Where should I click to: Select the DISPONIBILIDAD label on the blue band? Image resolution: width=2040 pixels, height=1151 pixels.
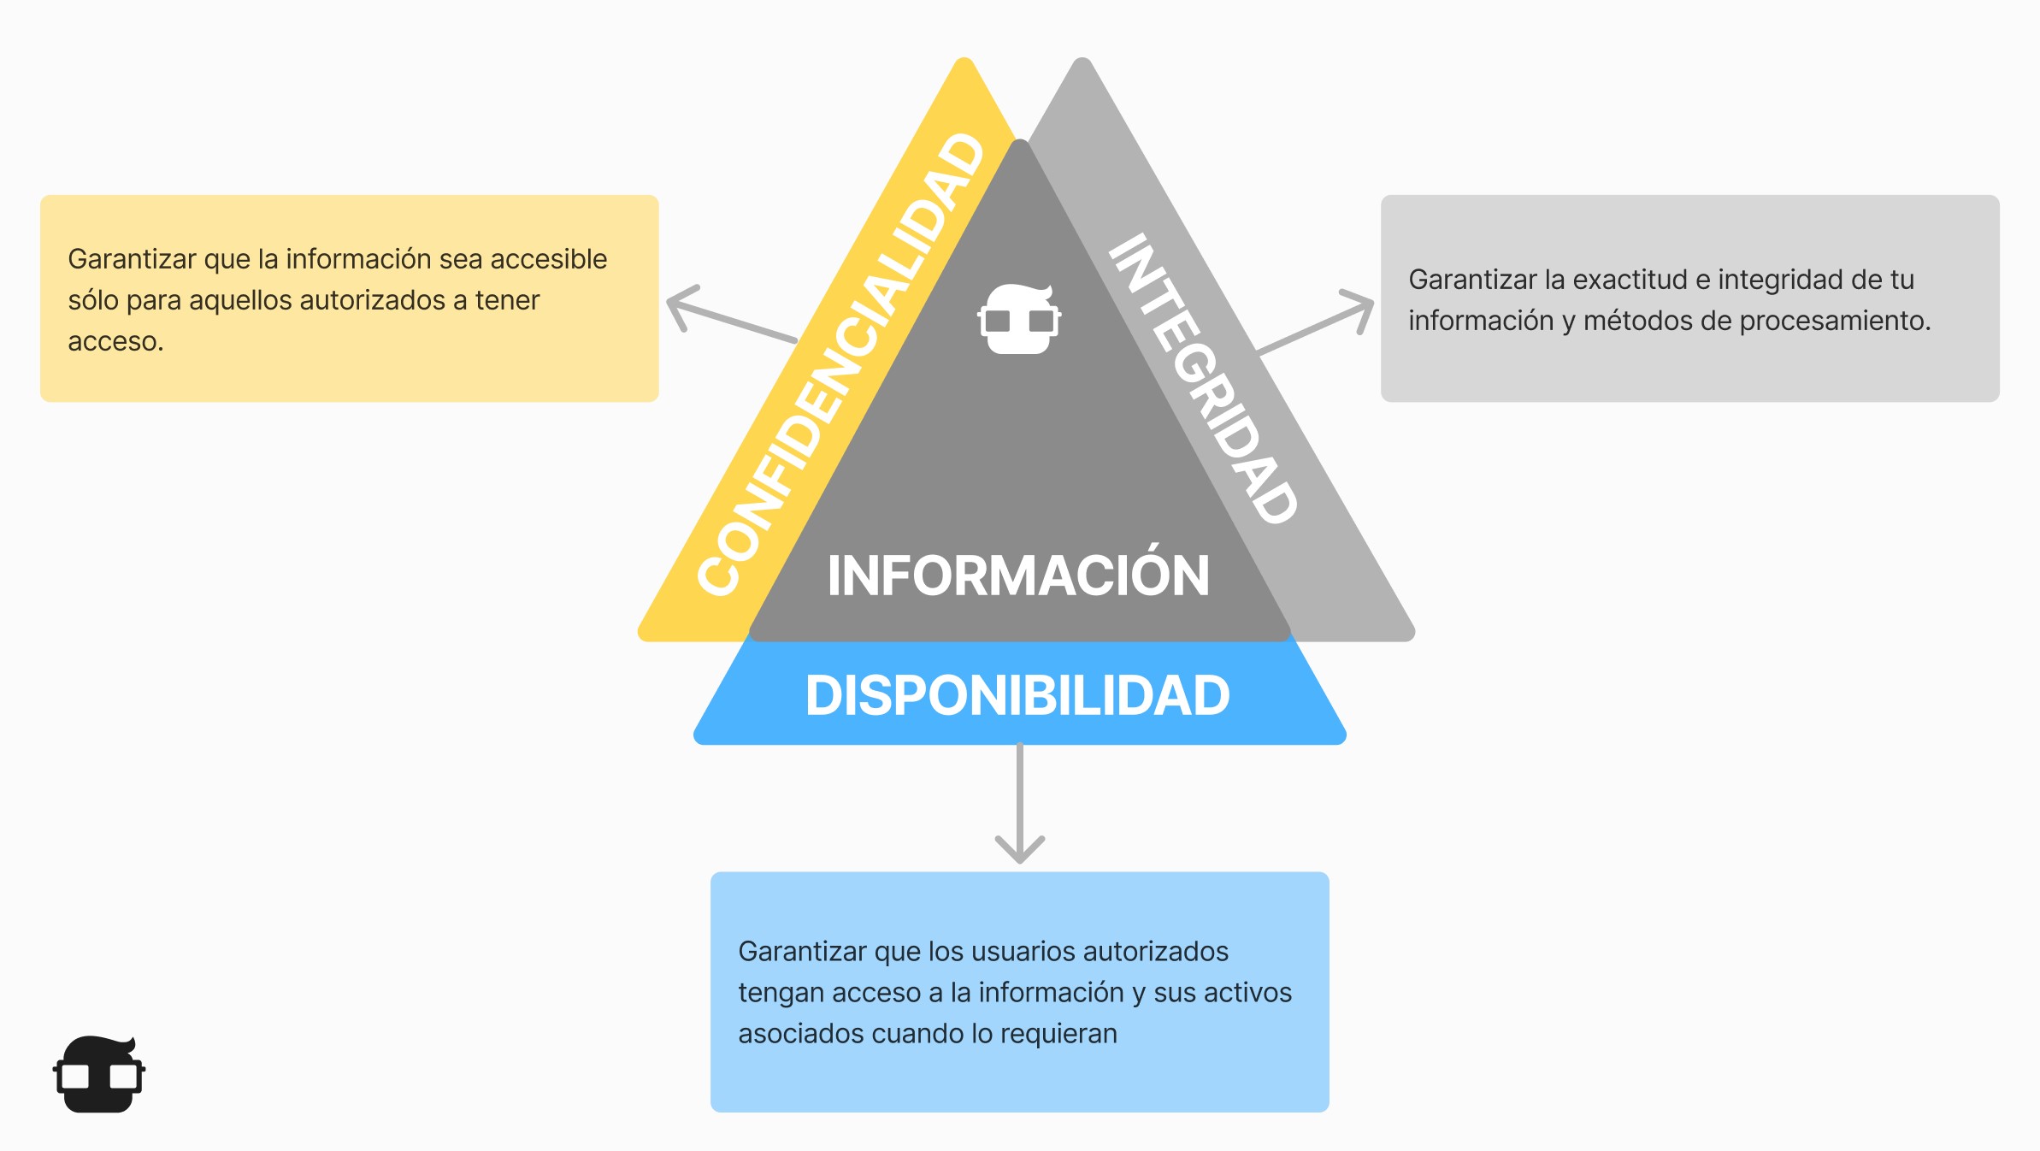pyautogui.click(x=1017, y=695)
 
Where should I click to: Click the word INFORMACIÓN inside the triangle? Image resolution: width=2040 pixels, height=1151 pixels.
pyautogui.click(x=1018, y=575)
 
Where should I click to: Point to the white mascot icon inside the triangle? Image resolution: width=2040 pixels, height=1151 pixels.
pyautogui.click(x=1019, y=319)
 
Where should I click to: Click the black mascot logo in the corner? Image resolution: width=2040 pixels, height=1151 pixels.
pyautogui.click(x=99, y=1074)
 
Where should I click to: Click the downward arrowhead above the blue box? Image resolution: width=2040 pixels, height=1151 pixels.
pyautogui.click(x=1020, y=852)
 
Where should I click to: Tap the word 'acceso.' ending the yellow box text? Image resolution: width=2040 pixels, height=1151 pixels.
pyautogui.click(x=115, y=341)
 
